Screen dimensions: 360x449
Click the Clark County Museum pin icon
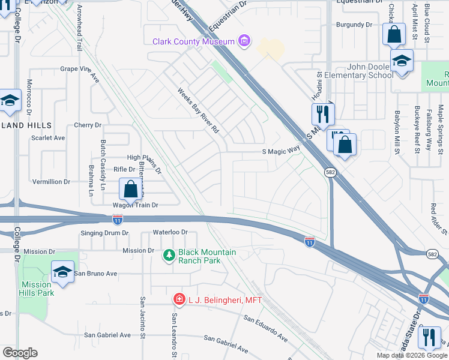pyautogui.click(x=244, y=41)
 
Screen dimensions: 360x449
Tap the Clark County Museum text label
pyautogui.click(x=193, y=41)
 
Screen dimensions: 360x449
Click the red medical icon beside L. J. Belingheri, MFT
pyautogui.click(x=178, y=298)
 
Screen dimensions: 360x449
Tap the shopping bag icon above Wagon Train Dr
pyautogui.click(x=130, y=190)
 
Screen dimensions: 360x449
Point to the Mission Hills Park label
pyautogui.click(x=37, y=289)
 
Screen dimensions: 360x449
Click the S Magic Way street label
pyautogui.click(x=280, y=151)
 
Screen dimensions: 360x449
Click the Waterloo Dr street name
pyautogui.click(x=170, y=232)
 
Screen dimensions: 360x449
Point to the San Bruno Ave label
pyautogui.click(x=96, y=274)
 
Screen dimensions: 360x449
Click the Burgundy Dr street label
pyautogui.click(x=354, y=25)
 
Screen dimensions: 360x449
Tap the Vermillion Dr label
pyautogui.click(x=51, y=181)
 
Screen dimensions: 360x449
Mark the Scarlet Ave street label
pyautogui.click(x=47, y=137)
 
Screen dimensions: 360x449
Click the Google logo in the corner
pyautogui.click(x=19, y=353)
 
